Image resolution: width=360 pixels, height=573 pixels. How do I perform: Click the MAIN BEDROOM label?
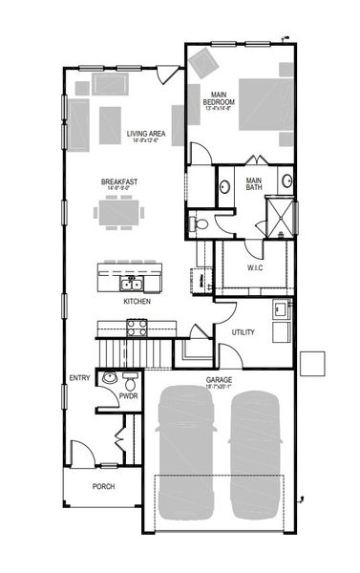pos(216,97)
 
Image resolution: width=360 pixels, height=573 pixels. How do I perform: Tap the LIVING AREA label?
pos(146,134)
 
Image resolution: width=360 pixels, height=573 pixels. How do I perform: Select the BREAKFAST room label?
pos(121,181)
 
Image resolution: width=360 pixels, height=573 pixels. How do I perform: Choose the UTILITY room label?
pos(243,331)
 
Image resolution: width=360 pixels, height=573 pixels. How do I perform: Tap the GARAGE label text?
pos(219,379)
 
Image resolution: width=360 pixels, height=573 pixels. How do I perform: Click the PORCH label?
pos(103,485)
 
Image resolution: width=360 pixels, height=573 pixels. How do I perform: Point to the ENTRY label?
pos(80,378)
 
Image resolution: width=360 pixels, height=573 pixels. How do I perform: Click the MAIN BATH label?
pos(254,182)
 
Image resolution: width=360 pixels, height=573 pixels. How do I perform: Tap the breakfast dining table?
pos(121,211)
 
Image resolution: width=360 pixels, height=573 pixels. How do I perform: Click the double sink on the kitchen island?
pos(132,284)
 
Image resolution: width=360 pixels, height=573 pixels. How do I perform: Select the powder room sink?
pos(109,378)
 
